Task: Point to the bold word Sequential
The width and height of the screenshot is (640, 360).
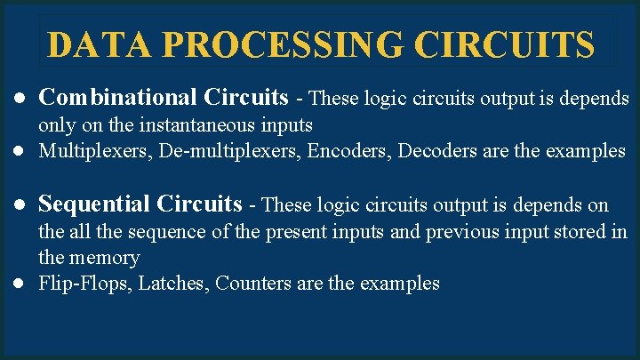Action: point(94,204)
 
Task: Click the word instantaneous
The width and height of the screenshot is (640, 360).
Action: point(199,124)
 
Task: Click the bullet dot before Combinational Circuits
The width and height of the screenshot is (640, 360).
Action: point(19,97)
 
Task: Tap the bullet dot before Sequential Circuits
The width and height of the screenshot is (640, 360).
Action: point(19,205)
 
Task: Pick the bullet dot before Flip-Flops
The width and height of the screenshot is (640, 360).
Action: point(19,284)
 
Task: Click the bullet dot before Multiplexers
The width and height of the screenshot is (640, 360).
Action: point(19,151)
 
